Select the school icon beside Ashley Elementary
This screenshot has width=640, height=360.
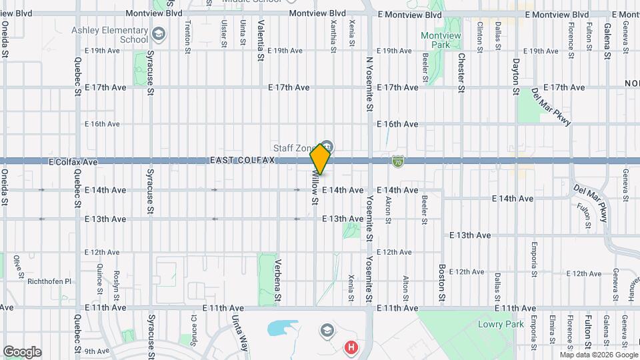pos(159,34)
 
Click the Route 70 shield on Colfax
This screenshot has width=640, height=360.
pos(397,161)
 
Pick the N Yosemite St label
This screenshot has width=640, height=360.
pos(369,83)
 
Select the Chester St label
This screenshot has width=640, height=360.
pos(461,73)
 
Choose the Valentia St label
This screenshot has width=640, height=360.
pos(259,40)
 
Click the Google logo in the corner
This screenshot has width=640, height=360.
pos(22,351)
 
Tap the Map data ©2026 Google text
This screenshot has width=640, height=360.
pos(599,354)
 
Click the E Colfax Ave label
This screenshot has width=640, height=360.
pos(73,161)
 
